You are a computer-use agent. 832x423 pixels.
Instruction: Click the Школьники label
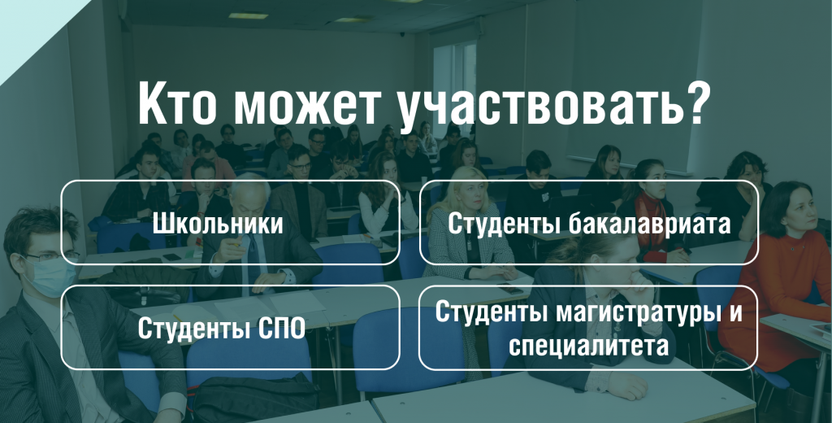pyautogui.click(x=218, y=223)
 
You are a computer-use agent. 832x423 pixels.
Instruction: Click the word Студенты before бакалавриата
pyautogui.click(x=504, y=224)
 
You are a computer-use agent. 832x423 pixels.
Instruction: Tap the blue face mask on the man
pyautogui.click(x=52, y=277)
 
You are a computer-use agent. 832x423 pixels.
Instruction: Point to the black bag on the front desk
pyautogui.click(x=254, y=399)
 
